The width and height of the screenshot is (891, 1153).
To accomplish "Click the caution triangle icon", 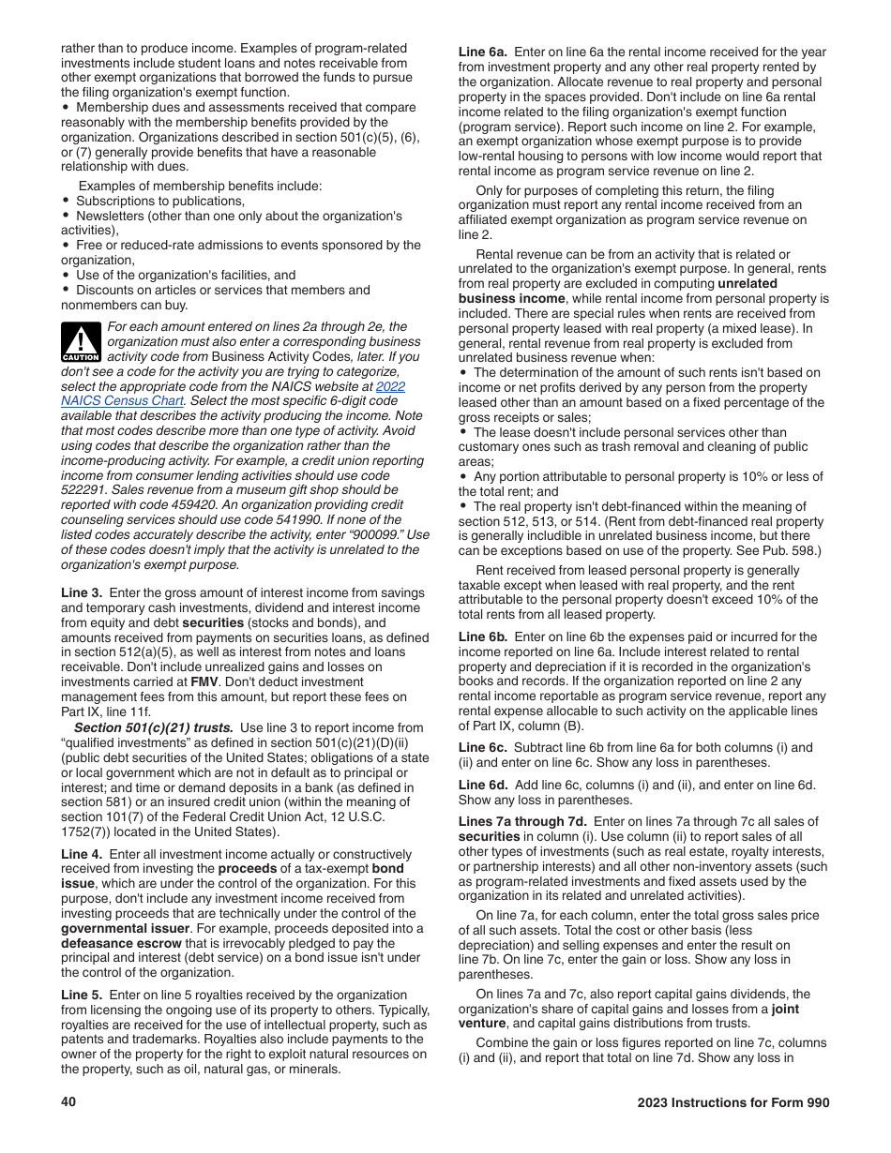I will pos(80,342).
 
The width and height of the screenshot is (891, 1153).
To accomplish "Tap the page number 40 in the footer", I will pos(68,1102).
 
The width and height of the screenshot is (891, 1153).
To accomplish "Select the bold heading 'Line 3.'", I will pos(82,593).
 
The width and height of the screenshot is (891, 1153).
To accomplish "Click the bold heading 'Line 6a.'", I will pos(482,52).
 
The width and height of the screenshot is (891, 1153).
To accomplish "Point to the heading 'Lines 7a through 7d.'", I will pos(516,822).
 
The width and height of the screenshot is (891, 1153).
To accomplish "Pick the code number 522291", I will pos(85,475).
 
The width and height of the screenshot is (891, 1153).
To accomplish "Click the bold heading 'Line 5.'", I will pos(82,995).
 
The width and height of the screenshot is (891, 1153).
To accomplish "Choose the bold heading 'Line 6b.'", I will pos(482,636).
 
